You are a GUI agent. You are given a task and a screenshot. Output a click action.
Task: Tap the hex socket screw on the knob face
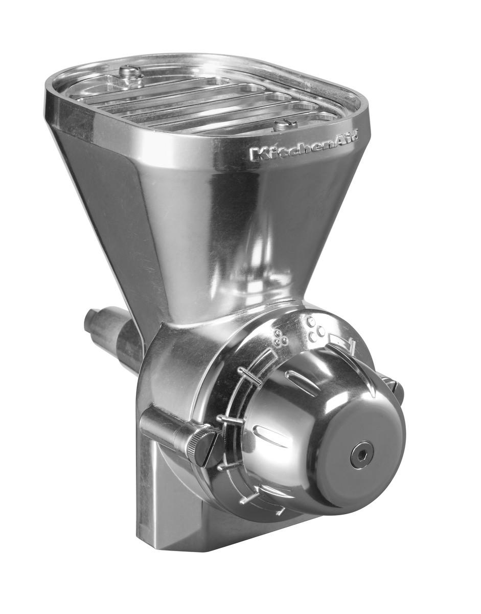(x=361, y=454)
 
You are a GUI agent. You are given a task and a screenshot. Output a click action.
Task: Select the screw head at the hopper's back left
(x=130, y=73)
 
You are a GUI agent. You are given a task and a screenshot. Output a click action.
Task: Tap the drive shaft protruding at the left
(x=105, y=327)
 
